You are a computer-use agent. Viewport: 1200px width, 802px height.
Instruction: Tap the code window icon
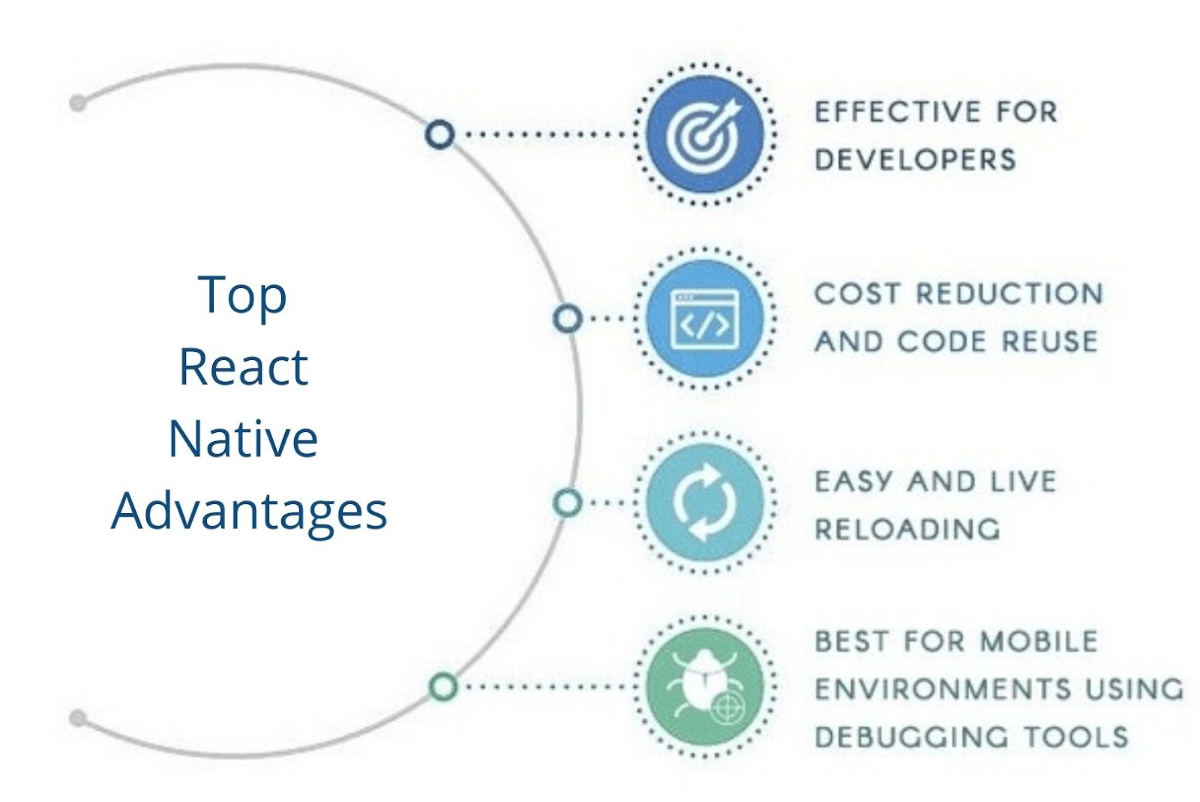click(704, 319)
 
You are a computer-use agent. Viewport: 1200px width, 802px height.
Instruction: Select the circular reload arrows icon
click(704, 502)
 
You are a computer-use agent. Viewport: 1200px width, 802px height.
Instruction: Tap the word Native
click(243, 439)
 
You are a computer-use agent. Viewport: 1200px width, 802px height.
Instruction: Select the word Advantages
click(249, 512)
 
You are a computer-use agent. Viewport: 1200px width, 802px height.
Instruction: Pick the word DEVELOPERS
click(915, 160)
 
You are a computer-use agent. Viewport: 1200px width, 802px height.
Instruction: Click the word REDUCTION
click(1009, 293)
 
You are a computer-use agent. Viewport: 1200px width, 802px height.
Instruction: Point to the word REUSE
click(1049, 341)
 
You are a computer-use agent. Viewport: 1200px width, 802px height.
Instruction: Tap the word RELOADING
click(907, 530)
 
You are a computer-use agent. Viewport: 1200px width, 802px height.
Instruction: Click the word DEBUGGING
click(911, 737)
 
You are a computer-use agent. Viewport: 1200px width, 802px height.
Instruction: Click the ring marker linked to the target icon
click(439, 134)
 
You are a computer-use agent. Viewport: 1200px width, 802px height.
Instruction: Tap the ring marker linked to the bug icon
click(443, 686)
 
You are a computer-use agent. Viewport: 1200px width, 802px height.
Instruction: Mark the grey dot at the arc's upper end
click(78, 102)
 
